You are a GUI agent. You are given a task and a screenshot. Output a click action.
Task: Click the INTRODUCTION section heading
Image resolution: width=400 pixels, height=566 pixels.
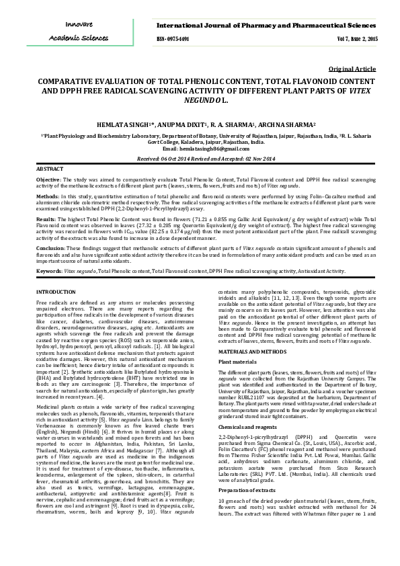click(x=56, y=292)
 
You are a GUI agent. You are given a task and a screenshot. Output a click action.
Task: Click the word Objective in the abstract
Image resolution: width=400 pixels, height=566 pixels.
click(x=48, y=181)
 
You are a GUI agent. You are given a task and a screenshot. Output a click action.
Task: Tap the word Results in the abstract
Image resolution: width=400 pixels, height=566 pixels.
click(x=46, y=219)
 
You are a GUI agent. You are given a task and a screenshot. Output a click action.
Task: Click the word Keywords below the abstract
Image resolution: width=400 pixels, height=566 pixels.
click(x=49, y=271)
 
